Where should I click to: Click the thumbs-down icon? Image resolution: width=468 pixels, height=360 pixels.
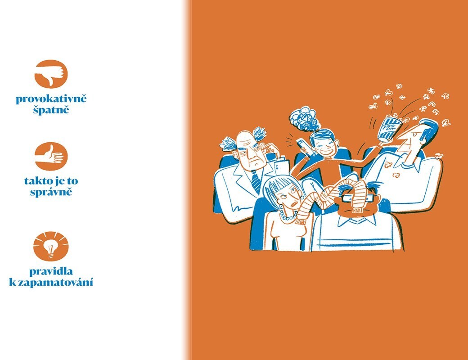51,74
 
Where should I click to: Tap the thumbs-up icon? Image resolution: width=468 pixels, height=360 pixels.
51,156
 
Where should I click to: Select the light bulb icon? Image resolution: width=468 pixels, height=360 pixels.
51,246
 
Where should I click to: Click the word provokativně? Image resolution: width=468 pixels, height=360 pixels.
51,99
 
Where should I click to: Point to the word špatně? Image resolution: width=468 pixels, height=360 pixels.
51,110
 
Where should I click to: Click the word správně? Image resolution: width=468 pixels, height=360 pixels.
51,192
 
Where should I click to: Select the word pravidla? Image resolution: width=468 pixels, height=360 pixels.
51,271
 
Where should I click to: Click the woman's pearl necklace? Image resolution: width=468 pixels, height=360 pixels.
288,216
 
